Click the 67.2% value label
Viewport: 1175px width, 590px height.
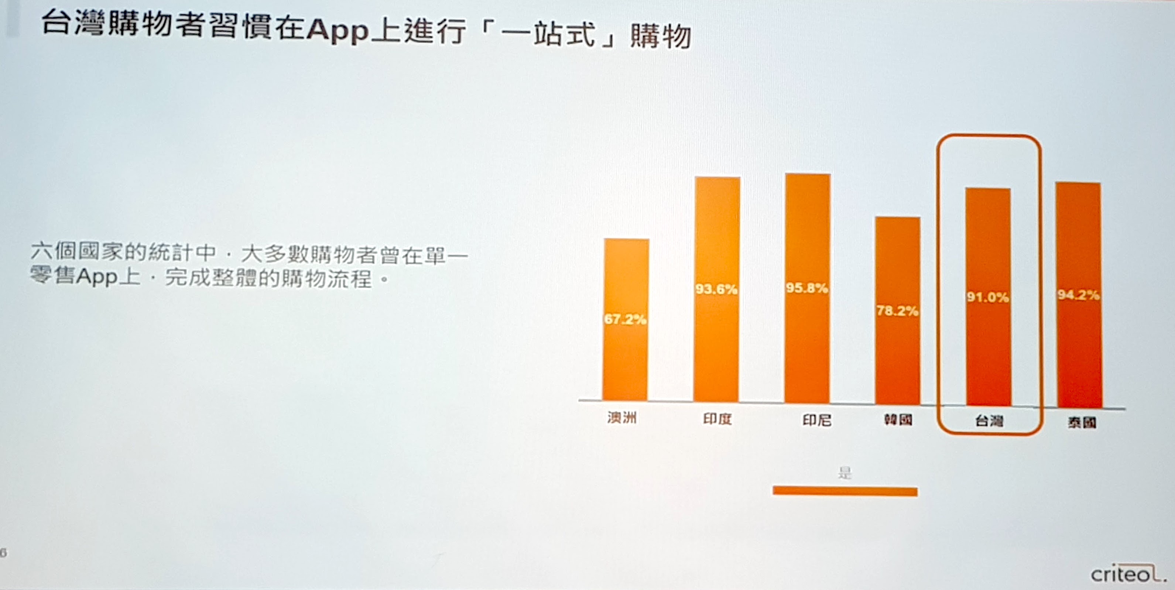pyautogui.click(x=625, y=319)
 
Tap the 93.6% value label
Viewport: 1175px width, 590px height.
pyautogui.click(x=716, y=289)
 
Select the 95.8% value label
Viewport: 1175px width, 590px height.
pyautogui.click(x=806, y=288)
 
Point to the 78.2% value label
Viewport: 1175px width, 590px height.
pyautogui.click(x=897, y=311)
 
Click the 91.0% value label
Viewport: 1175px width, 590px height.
pyautogui.click(x=987, y=297)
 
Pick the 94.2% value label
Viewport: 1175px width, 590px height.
pyautogui.click(x=1078, y=295)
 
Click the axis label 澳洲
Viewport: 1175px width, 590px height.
pyautogui.click(x=622, y=417)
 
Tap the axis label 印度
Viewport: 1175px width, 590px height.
pyautogui.click(x=717, y=419)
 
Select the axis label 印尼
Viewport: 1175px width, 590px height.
pyautogui.click(x=817, y=420)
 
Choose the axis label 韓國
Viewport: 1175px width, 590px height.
pyautogui.click(x=898, y=419)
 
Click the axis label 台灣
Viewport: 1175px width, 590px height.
pyautogui.click(x=989, y=421)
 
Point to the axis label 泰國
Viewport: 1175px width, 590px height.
pyautogui.click(x=1082, y=423)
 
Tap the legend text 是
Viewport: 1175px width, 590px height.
pyautogui.click(x=845, y=473)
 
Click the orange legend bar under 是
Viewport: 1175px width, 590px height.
pyautogui.click(x=845, y=491)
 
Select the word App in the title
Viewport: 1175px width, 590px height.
pyautogui.click(x=337, y=31)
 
